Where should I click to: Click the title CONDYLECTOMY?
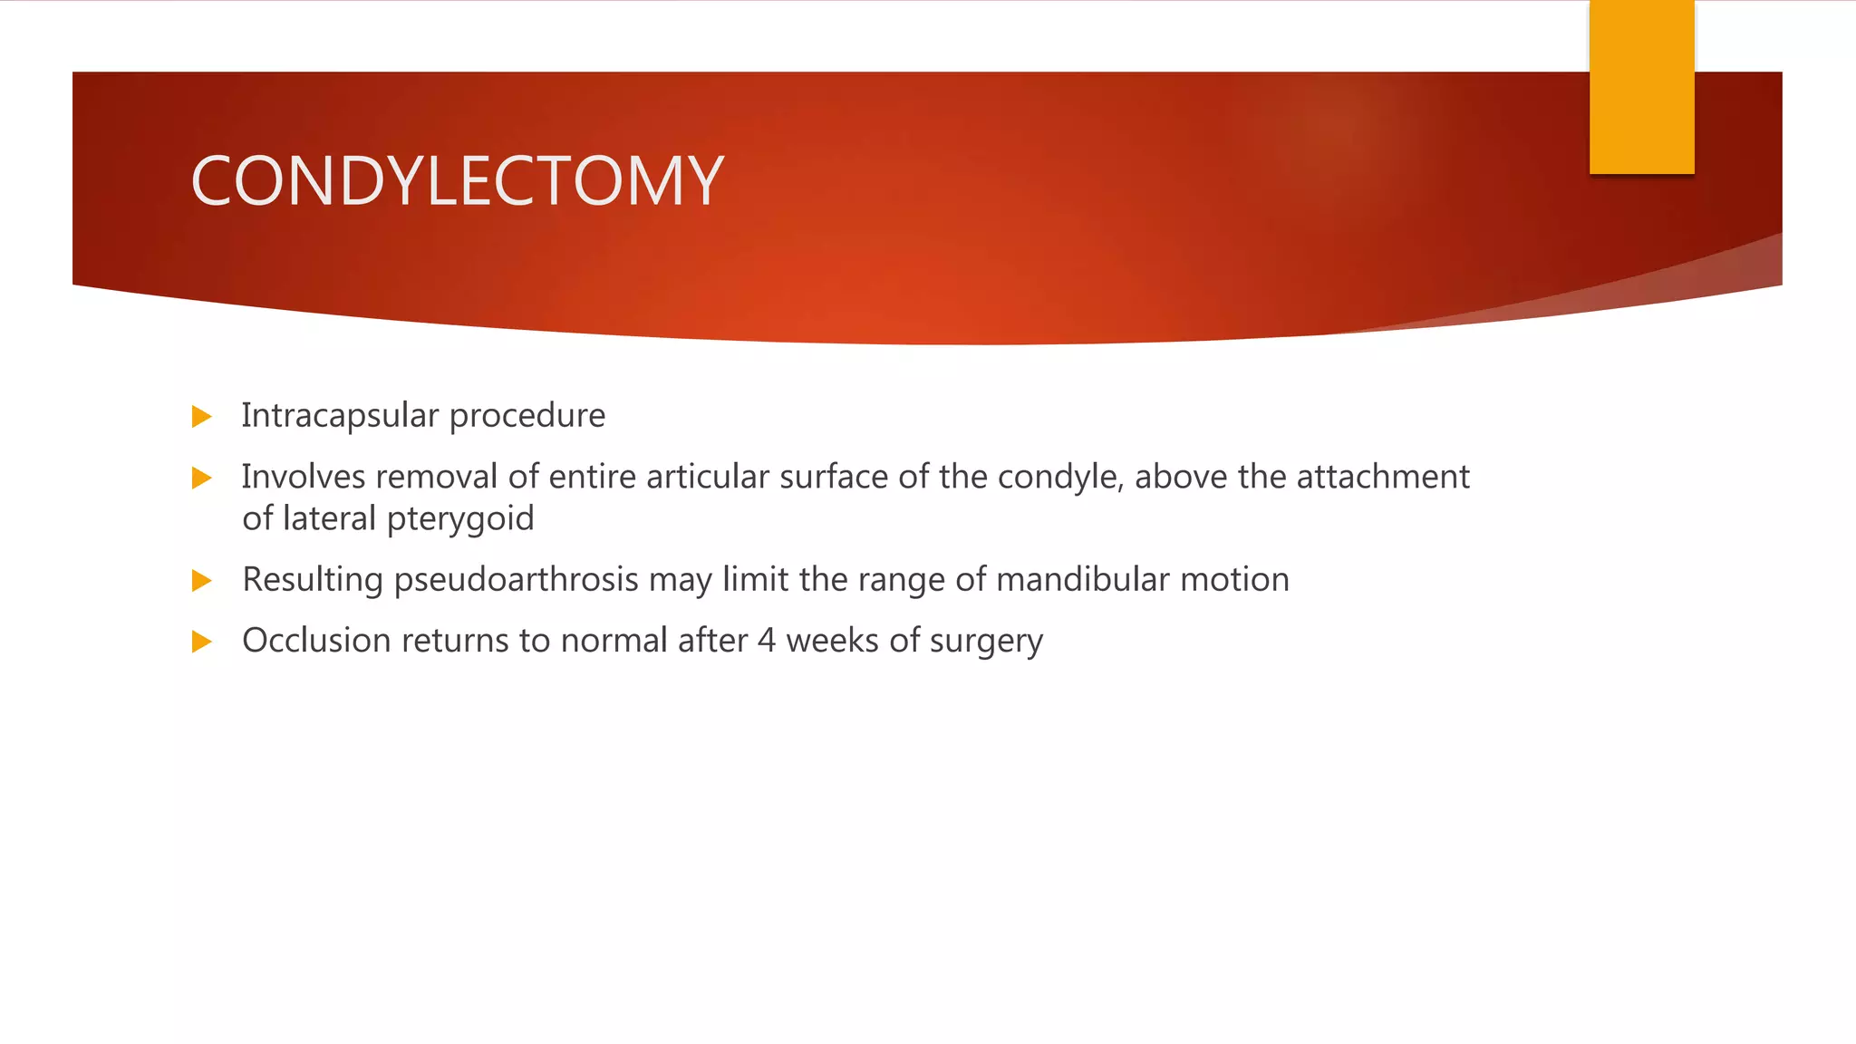[x=457, y=180]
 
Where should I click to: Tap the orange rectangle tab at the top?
[x=1641, y=87]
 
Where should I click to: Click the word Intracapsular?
[x=340, y=415]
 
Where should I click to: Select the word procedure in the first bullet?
[x=527, y=416]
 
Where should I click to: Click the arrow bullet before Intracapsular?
[x=202, y=417]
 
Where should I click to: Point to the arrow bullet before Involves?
[x=202, y=478]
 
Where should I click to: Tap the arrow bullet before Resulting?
[x=202, y=580]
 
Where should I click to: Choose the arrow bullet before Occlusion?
[x=202, y=642]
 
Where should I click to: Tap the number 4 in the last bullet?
[x=767, y=641]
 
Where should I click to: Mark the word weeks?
[x=832, y=641]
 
